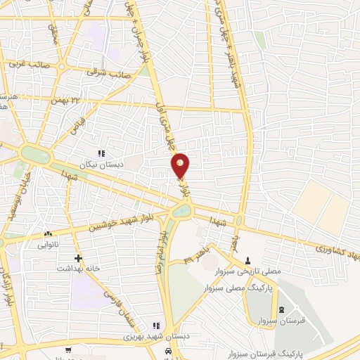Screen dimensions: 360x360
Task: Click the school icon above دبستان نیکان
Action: [x=101, y=153]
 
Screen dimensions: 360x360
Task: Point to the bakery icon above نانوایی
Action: [x=48, y=234]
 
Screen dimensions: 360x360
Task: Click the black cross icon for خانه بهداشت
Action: [x=77, y=257]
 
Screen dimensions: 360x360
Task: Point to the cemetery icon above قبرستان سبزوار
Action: [x=281, y=309]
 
